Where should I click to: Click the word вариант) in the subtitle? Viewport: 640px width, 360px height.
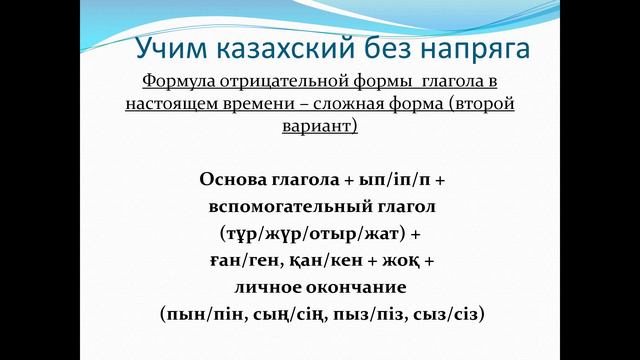321,127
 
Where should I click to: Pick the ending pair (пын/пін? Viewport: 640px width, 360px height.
196,313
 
